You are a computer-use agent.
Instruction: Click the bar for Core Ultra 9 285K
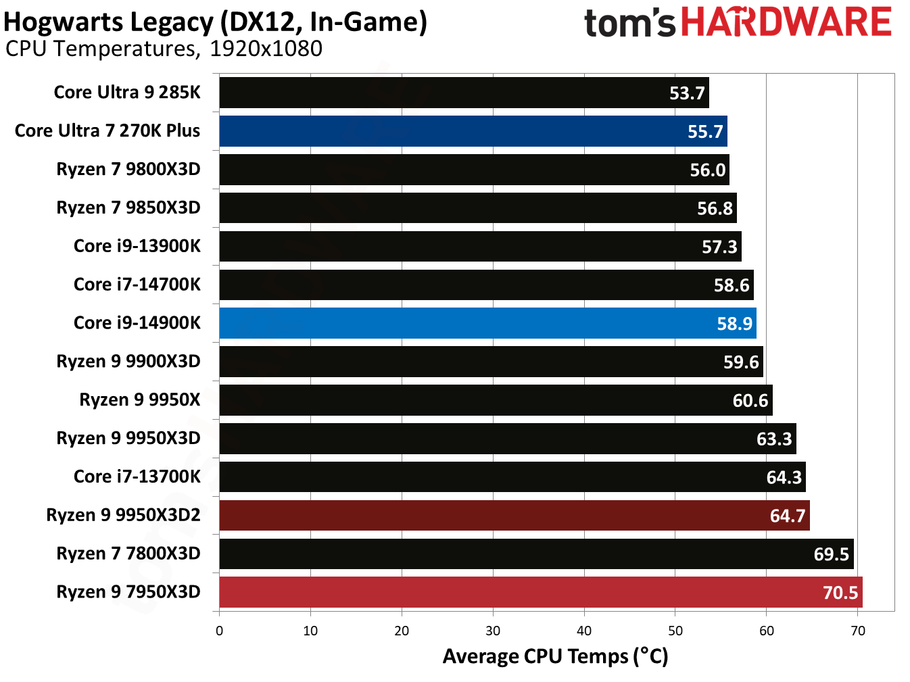click(x=464, y=93)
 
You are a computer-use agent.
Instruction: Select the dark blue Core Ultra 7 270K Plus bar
click(x=473, y=131)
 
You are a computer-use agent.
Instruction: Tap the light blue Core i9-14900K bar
click(x=487, y=323)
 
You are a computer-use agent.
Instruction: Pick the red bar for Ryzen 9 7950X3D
click(x=541, y=592)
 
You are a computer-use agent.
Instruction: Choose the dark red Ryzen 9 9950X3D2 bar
click(x=514, y=516)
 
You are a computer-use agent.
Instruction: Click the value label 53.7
click(x=687, y=93)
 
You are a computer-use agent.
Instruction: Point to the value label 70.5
click(x=840, y=593)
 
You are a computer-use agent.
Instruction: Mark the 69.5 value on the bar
click(x=831, y=554)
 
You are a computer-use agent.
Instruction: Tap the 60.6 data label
click(x=750, y=401)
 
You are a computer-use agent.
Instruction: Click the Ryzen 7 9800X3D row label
click(x=128, y=169)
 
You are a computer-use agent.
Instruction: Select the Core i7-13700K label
click(x=137, y=477)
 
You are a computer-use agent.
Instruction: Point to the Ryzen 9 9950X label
click(x=140, y=399)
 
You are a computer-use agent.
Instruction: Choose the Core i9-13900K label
click(x=137, y=246)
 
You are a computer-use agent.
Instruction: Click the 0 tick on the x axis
click(x=219, y=631)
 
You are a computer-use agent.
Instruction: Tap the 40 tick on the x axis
click(x=584, y=631)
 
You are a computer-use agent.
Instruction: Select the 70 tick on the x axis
click(x=857, y=631)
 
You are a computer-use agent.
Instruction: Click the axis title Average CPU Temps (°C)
click(x=555, y=656)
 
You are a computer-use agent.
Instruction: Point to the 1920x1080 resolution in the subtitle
click(x=266, y=49)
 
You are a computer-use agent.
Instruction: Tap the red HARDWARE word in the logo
click(x=786, y=22)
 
